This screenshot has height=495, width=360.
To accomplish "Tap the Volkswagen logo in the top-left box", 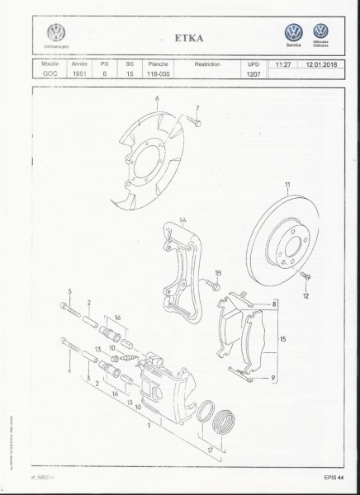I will tap(57, 35).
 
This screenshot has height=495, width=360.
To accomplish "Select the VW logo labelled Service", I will tap(293, 33).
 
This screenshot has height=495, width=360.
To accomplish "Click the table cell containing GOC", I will tap(50, 73).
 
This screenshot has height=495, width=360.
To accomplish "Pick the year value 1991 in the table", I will tap(78, 73).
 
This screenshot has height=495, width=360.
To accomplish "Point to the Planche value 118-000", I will tap(154, 73).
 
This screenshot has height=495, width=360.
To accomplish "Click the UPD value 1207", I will tap(253, 73).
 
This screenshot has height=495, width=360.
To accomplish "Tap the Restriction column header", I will tap(206, 63).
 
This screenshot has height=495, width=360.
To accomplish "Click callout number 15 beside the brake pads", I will tap(283, 338).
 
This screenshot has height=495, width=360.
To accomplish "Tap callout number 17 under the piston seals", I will tap(211, 451).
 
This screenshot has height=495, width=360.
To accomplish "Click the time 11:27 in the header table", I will tap(286, 63).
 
